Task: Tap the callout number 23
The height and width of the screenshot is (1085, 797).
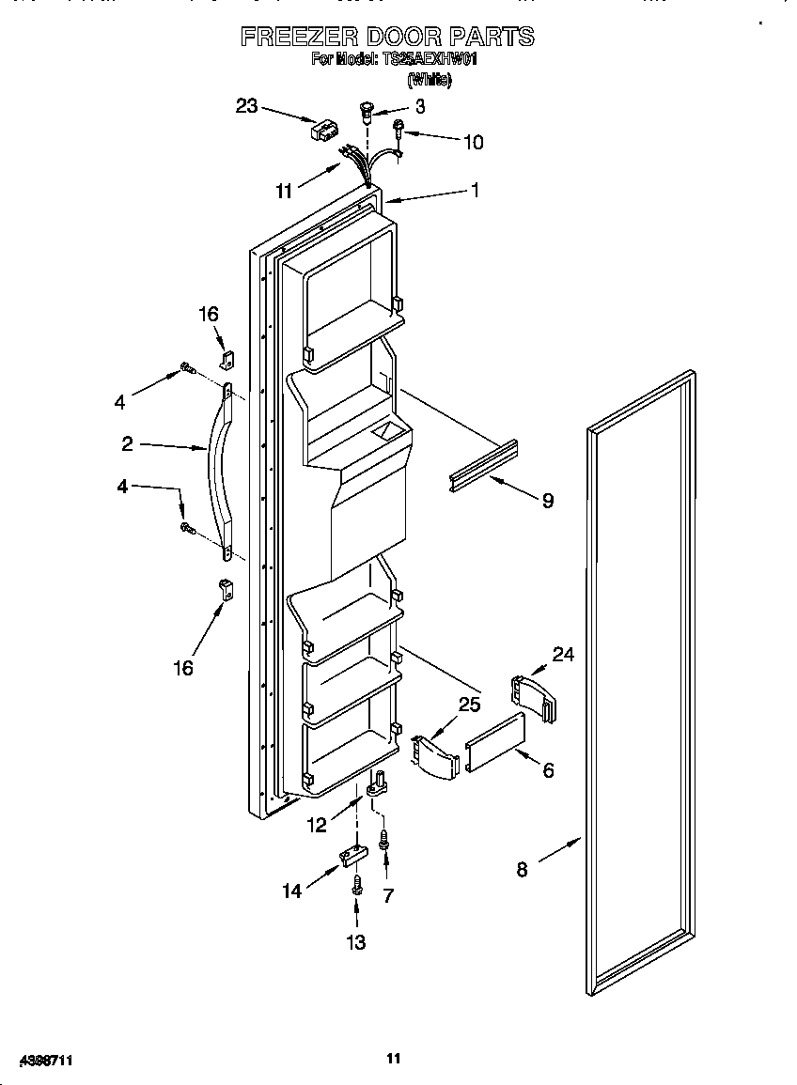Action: pos(246,106)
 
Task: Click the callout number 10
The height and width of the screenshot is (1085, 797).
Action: pos(473,143)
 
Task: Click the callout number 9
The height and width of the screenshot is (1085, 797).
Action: pos(547,501)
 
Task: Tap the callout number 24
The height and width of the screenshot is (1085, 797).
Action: pos(563,654)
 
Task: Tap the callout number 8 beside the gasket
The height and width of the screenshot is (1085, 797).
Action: pos(522,870)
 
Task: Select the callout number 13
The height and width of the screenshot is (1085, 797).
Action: pos(356,942)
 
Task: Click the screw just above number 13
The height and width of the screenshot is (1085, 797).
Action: pos(357,885)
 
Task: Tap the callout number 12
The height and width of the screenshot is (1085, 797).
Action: pos(319,825)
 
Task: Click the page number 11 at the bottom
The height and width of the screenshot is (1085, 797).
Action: pos(394,1058)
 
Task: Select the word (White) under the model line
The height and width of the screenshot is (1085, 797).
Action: pos(429,81)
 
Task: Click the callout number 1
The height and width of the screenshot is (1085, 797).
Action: pos(476,190)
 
